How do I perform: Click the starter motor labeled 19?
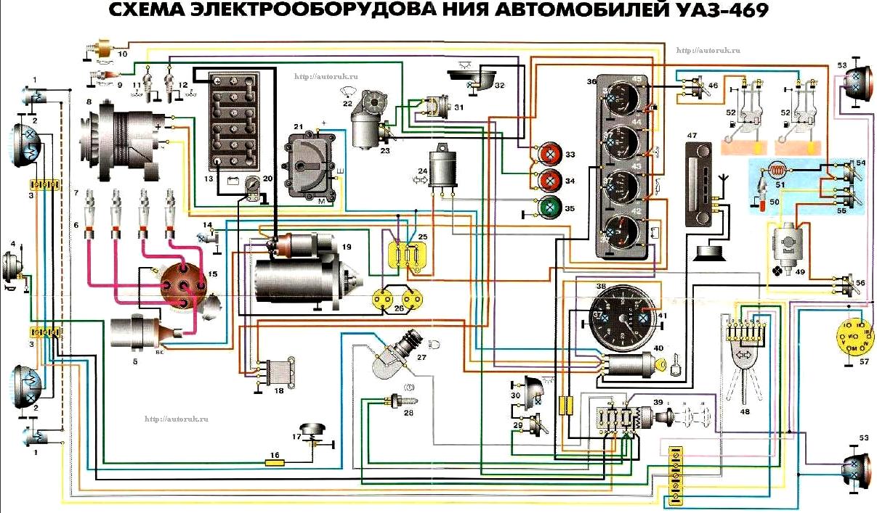click(x=302, y=272)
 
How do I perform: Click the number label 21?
click(x=298, y=127)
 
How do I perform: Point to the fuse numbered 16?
click(x=274, y=461)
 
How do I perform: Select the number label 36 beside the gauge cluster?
click(x=592, y=82)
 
